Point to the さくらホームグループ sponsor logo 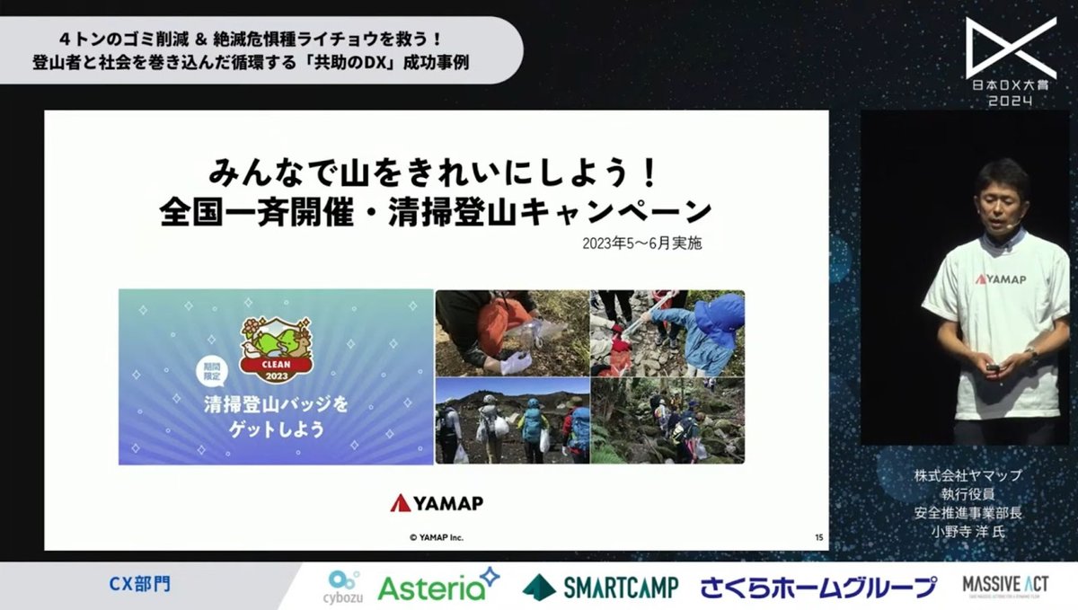point(818,588)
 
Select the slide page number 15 point(818,537)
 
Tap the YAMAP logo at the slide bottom point(437,503)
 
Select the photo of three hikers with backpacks point(512,420)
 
